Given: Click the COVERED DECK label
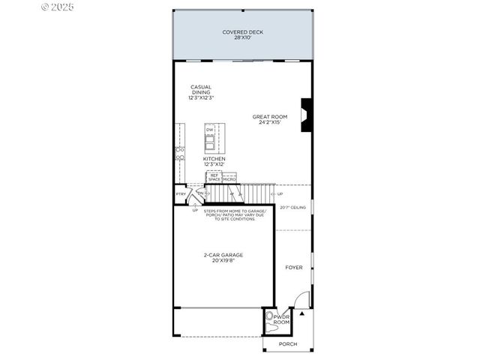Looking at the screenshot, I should [242, 31].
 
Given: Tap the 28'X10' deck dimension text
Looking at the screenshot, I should [242, 37].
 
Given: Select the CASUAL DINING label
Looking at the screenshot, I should [200, 89].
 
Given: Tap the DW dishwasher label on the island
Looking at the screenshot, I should [210, 130].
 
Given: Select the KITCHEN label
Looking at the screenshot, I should [214, 159].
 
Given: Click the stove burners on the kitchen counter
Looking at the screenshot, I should [180, 154].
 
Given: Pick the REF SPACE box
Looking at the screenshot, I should [214, 178].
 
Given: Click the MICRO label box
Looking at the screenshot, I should [229, 179].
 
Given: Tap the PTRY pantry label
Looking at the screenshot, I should [181, 194].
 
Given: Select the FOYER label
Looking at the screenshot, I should [294, 267].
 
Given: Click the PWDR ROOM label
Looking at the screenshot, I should [281, 319].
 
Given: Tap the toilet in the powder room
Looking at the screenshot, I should [269, 317].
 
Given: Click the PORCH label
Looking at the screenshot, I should [288, 343].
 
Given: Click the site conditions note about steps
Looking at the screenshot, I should [234, 216].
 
